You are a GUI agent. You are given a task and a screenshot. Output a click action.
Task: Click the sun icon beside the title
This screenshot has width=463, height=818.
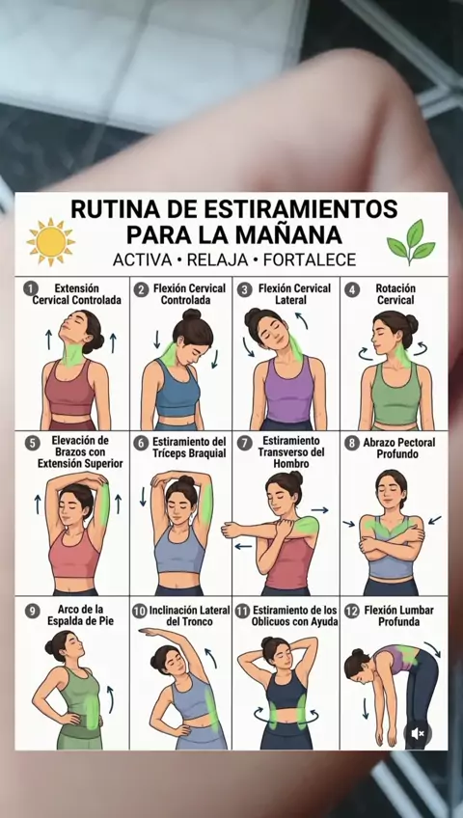click(x=50, y=241)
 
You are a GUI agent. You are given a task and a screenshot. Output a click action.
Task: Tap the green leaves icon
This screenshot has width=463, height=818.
click(x=411, y=242)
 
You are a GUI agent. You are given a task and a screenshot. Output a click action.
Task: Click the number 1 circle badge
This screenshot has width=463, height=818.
click(x=32, y=288)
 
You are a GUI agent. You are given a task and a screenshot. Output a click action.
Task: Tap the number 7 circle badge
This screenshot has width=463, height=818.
click(x=244, y=444)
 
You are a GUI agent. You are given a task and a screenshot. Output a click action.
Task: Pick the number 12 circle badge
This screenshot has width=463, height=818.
click(x=352, y=611)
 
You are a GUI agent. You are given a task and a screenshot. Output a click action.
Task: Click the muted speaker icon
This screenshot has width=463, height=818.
click(x=418, y=733)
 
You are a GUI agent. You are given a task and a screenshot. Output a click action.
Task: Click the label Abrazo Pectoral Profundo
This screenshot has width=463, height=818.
click(x=399, y=449)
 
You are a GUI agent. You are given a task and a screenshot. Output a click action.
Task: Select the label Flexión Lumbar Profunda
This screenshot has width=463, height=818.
click(x=399, y=616)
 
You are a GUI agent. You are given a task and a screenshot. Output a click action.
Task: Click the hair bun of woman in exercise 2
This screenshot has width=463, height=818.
click(x=191, y=315)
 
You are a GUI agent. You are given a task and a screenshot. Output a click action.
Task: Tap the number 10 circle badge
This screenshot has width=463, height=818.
click(x=139, y=611)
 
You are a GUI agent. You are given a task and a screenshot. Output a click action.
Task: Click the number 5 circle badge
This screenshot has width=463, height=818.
click(x=32, y=444)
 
